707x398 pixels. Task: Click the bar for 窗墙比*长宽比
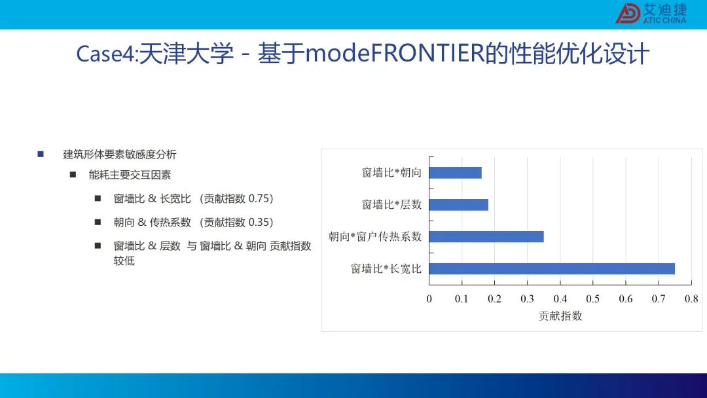click(552, 268)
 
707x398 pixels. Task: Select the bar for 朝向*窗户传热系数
click(486, 236)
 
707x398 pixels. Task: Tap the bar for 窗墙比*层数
click(458, 205)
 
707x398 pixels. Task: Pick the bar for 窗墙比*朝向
click(456, 173)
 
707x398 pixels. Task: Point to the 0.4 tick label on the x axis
click(560, 299)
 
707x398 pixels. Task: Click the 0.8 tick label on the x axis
click(691, 299)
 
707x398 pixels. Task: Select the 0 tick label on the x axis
click(429, 299)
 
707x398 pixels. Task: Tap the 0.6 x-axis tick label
click(626, 299)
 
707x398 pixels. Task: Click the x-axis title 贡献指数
click(560, 316)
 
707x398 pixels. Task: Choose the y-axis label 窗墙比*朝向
click(392, 173)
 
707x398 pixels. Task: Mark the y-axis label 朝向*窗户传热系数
click(375, 236)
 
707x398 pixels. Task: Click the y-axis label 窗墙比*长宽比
click(386, 269)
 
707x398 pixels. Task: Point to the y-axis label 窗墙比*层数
click(392, 205)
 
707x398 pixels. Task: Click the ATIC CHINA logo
click(651, 14)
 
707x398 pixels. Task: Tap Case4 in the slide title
click(105, 54)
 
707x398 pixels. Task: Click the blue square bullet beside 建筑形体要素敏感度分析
click(41, 154)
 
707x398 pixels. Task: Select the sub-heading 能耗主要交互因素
click(130, 175)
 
